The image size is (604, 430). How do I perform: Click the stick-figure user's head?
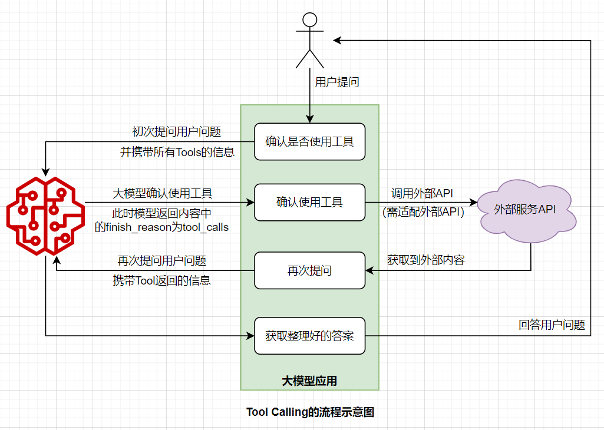point(309,19)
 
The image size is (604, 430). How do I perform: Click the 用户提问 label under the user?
point(337,82)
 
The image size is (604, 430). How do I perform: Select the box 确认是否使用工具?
point(309,141)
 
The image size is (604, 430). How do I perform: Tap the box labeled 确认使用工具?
point(309,202)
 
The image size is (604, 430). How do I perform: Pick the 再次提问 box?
point(309,270)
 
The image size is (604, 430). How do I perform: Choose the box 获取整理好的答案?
point(309,336)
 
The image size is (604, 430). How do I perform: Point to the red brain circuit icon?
point(46,215)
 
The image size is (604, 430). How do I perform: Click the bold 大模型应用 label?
point(309,381)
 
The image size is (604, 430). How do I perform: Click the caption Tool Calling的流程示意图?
point(310,412)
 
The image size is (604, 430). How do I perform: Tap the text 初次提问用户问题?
point(177,131)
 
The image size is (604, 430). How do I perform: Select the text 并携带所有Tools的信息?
point(177,152)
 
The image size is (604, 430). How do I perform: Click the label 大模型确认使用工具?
point(163,193)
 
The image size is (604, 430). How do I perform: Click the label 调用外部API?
point(422,193)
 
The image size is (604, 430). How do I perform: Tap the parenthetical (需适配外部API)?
point(423,213)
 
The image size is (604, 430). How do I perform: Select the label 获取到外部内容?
point(425,259)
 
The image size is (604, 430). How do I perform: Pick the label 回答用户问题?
point(552,324)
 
